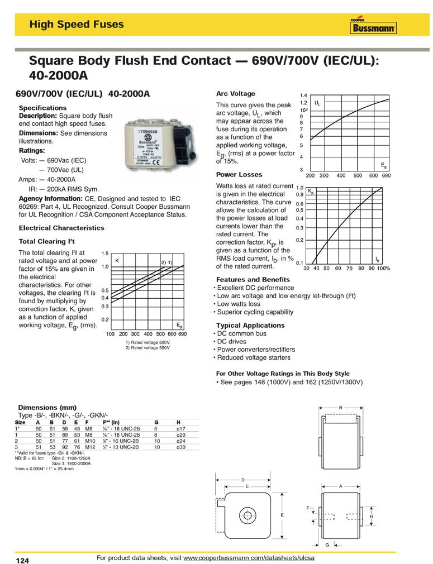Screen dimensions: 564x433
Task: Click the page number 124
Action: [x=22, y=559]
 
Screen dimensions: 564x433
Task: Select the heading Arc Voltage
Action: [x=235, y=94]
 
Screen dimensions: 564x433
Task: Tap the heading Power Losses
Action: [x=239, y=175]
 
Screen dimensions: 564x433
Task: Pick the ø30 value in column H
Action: [x=179, y=447]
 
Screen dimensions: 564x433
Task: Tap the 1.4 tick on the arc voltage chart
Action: [x=304, y=96]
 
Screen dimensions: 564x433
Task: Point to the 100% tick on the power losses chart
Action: [x=383, y=269]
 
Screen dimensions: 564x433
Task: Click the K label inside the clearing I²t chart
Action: [x=117, y=261]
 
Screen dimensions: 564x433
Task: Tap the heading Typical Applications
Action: [x=250, y=325]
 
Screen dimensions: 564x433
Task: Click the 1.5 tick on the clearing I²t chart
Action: [x=104, y=254]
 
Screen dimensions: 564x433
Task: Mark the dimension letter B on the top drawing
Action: [x=340, y=408]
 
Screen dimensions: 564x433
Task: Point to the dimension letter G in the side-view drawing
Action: [x=326, y=544]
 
